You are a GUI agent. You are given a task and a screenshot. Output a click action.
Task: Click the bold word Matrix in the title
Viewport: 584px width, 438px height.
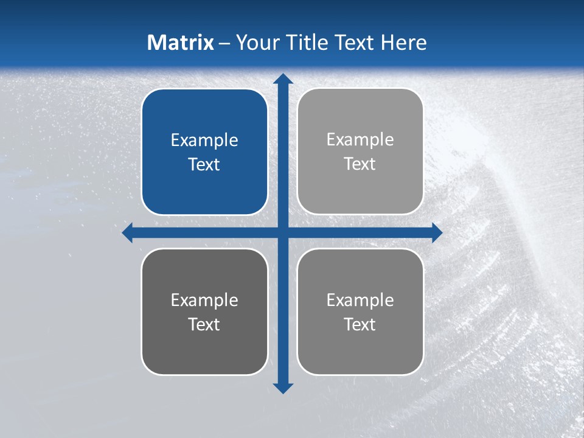coord(181,43)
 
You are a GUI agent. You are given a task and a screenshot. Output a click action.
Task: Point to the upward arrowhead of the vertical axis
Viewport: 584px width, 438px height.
coord(283,78)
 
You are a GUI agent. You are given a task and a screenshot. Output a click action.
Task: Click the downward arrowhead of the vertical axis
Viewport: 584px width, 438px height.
coord(283,388)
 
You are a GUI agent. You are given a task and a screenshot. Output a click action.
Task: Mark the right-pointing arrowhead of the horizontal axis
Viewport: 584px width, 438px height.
coord(437,232)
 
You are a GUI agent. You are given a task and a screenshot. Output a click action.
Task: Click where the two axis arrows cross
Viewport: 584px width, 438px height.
coord(283,232)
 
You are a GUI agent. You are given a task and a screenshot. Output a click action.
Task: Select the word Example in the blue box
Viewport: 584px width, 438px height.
coord(204,141)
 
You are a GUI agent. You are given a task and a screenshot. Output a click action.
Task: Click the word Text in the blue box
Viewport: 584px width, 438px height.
coord(204,165)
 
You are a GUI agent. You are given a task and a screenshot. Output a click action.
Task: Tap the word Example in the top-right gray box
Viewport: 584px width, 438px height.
coord(360,140)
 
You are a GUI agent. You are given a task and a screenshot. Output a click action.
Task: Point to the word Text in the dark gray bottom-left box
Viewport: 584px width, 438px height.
coord(204,325)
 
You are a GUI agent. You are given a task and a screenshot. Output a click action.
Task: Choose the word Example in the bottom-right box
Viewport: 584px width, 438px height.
coord(360,300)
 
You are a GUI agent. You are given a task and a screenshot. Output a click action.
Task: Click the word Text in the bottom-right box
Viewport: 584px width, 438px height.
coord(360,325)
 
